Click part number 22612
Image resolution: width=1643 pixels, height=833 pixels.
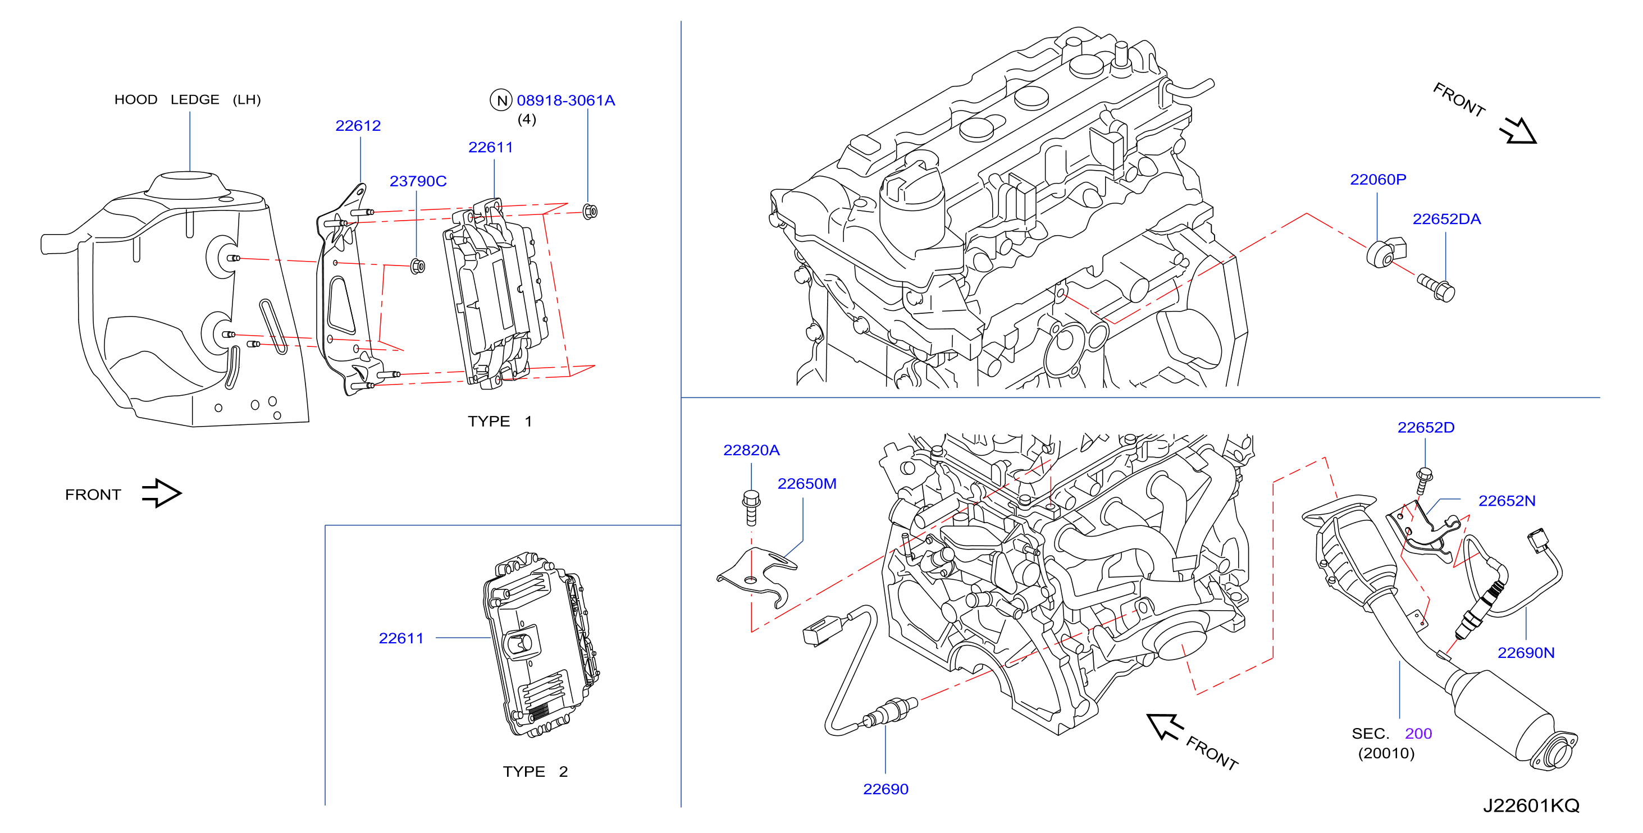click(358, 126)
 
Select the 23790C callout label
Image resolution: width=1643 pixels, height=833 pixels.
click(418, 181)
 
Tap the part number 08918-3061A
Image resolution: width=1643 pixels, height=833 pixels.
click(566, 100)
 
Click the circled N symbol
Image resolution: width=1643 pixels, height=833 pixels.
click(501, 100)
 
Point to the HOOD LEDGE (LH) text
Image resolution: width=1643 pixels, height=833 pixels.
click(188, 99)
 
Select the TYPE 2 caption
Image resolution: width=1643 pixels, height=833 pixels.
click(535, 771)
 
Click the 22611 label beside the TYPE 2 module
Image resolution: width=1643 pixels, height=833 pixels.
click(401, 638)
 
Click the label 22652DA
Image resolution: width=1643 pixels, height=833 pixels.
click(1446, 219)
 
